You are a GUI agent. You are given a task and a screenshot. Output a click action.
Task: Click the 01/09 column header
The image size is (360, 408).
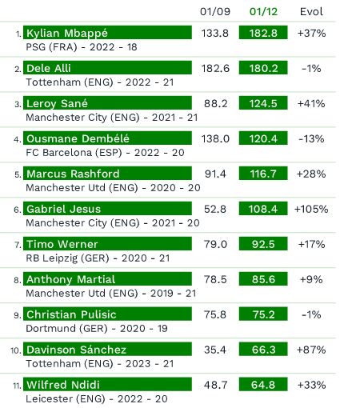point(215,11)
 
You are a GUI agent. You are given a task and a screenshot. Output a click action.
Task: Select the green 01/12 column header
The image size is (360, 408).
point(263,11)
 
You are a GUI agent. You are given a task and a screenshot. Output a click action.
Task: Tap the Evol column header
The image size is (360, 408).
point(311,11)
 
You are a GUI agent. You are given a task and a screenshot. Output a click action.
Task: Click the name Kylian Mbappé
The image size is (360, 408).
point(67,33)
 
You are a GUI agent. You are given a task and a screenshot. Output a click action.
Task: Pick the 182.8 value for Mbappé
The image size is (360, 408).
point(263,33)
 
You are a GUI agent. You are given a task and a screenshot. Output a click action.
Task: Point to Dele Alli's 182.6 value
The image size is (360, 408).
point(215,69)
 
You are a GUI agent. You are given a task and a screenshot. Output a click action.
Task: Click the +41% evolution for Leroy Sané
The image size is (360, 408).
point(311,104)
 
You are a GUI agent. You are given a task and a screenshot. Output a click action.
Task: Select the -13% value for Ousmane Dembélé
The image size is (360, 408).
point(311,139)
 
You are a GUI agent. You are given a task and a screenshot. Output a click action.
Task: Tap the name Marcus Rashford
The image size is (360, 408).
point(73,174)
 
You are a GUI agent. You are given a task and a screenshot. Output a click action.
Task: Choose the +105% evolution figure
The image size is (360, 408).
point(311,209)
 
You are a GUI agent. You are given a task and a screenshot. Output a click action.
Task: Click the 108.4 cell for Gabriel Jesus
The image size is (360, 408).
point(263,209)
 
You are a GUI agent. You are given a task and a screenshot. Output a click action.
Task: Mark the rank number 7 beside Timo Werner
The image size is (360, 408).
point(18,245)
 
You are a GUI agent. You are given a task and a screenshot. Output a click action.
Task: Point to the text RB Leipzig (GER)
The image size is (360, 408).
point(67,258)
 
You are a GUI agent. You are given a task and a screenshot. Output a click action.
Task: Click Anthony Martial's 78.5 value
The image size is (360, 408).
point(215,279)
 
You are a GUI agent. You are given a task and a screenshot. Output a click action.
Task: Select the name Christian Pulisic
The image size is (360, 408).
point(71,314)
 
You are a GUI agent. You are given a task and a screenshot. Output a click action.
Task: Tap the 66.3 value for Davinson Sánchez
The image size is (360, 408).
point(263,350)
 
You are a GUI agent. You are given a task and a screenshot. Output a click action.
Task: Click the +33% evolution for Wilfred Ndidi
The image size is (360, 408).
point(311,385)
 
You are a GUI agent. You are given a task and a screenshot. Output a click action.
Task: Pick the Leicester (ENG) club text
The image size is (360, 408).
point(66,399)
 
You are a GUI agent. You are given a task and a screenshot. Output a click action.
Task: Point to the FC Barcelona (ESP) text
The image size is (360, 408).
point(74,153)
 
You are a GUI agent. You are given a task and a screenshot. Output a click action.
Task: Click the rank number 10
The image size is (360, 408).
point(16,350)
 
